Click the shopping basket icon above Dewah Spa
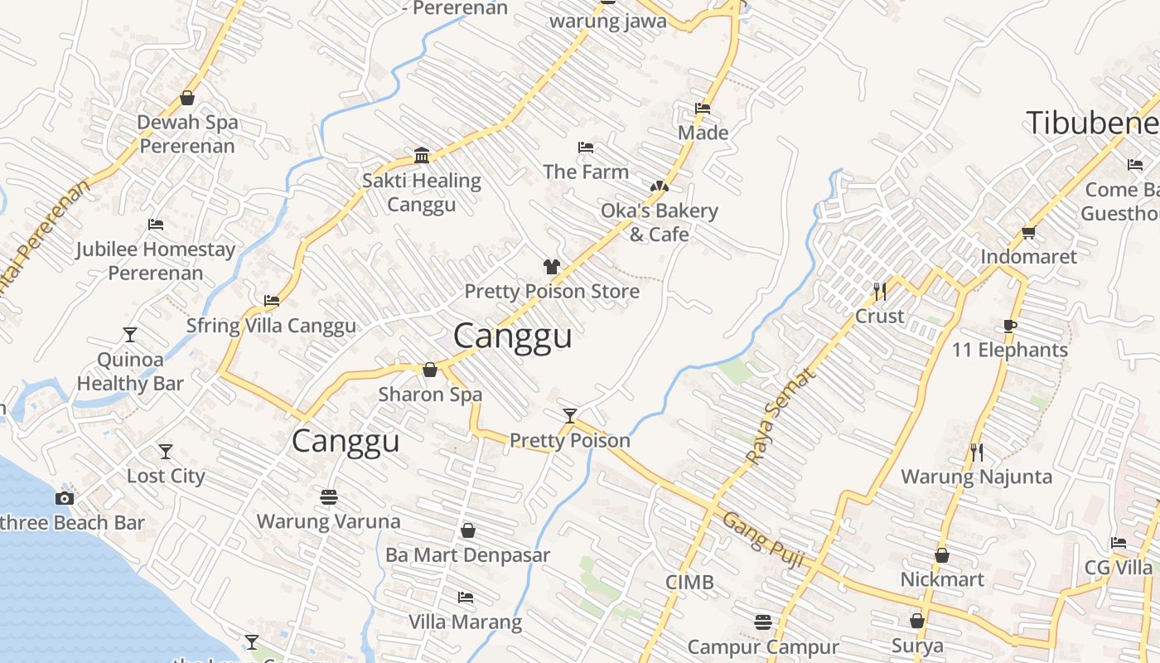pyautogui.click(x=187, y=98)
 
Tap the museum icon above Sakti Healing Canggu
pyautogui.click(x=422, y=155)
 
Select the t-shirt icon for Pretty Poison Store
pyautogui.click(x=552, y=266)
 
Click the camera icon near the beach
pyautogui.click(x=65, y=498)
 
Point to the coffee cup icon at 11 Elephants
pyautogui.click(x=1009, y=326)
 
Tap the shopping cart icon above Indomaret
pyautogui.click(x=1029, y=232)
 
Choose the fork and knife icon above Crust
pyautogui.click(x=880, y=291)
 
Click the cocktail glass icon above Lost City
pyautogui.click(x=166, y=452)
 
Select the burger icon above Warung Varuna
pyautogui.click(x=329, y=497)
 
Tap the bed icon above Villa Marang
pyautogui.click(x=466, y=598)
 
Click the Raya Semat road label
pyautogui.click(x=781, y=416)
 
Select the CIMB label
pyautogui.click(x=689, y=583)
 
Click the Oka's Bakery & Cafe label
pyautogui.click(x=660, y=222)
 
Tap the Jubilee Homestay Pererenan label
pyautogui.click(x=156, y=261)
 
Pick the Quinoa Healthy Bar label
pyautogui.click(x=130, y=371)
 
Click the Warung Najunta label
pyautogui.click(x=976, y=477)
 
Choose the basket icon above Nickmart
pyautogui.click(x=942, y=555)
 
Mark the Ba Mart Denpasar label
pyautogui.click(x=467, y=554)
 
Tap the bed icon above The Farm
pyautogui.click(x=586, y=148)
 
